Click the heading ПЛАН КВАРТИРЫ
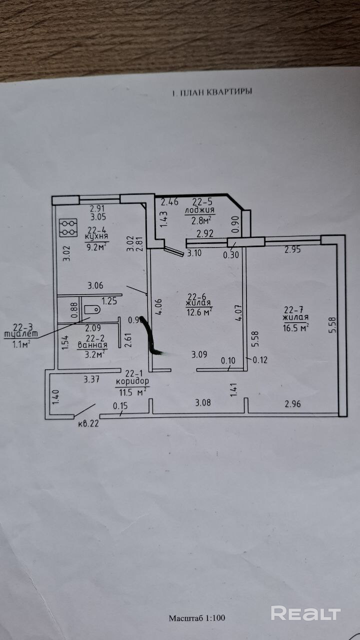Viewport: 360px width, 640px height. (x=212, y=92)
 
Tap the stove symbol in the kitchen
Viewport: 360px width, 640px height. (x=67, y=228)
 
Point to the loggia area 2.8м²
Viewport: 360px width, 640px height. (x=199, y=220)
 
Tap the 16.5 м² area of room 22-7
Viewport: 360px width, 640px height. (x=295, y=326)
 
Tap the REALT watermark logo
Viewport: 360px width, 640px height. (x=305, y=613)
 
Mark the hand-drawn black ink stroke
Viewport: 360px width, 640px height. (x=150, y=337)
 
